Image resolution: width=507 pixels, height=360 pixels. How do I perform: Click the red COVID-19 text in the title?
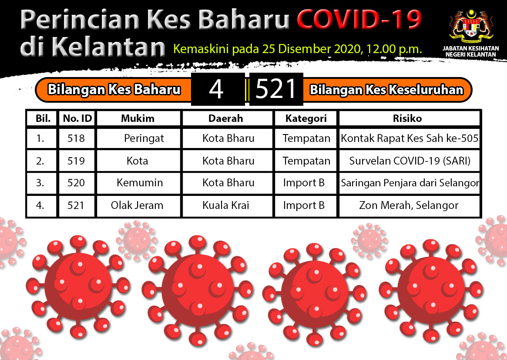(x=359, y=20)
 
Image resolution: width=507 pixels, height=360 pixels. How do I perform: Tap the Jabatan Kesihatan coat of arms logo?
(x=471, y=26)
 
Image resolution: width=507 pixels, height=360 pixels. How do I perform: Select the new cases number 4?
(x=216, y=89)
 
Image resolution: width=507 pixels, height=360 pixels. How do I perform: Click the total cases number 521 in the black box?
(x=276, y=89)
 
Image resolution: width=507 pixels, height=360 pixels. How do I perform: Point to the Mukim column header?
(x=138, y=118)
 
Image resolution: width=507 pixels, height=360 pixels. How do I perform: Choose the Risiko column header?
(x=407, y=118)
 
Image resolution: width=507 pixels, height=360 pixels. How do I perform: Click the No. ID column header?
(x=77, y=118)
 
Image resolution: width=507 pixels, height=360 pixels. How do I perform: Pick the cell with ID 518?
(x=76, y=138)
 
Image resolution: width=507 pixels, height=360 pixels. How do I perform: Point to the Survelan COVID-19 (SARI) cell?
(x=410, y=161)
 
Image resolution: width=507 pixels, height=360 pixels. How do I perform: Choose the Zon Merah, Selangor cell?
(x=409, y=205)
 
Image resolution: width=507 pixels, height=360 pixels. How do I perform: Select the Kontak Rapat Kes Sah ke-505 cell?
(x=410, y=138)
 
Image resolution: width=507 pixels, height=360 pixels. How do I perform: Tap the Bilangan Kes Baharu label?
(x=114, y=90)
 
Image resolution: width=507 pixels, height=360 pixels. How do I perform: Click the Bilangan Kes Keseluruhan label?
(x=387, y=90)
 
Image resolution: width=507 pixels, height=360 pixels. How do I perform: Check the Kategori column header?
(x=306, y=119)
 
